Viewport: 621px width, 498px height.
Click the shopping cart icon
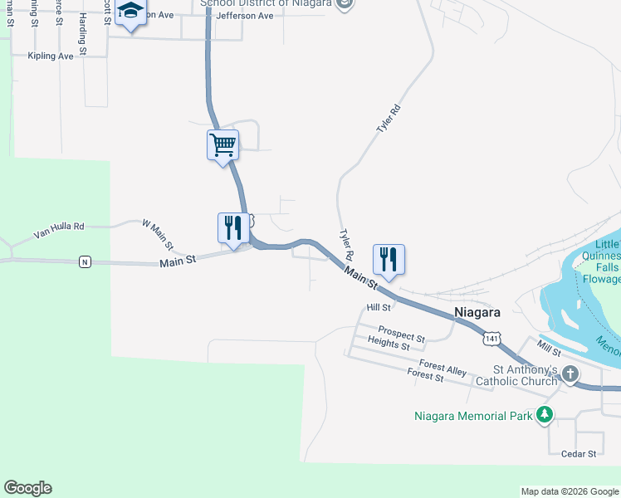click(x=222, y=145)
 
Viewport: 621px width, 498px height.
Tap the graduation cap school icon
click(x=130, y=13)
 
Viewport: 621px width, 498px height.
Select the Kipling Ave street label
click(x=51, y=56)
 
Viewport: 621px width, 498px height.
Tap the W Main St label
click(x=157, y=236)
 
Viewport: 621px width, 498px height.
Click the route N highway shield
click(x=84, y=262)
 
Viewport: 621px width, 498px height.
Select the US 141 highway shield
click(x=492, y=338)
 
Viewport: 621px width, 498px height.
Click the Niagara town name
click(x=477, y=313)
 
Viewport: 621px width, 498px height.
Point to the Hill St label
click(x=379, y=307)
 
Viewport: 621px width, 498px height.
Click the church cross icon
click(x=570, y=373)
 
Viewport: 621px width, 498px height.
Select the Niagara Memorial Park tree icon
click(x=544, y=414)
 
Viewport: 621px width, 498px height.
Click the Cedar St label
click(x=579, y=454)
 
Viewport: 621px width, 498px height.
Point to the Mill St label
click(x=549, y=348)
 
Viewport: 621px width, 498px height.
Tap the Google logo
click(x=27, y=488)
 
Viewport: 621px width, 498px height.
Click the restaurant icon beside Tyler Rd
click(x=389, y=260)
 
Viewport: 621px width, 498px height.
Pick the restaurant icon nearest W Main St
click(x=233, y=228)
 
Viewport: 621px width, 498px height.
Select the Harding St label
click(x=83, y=37)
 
